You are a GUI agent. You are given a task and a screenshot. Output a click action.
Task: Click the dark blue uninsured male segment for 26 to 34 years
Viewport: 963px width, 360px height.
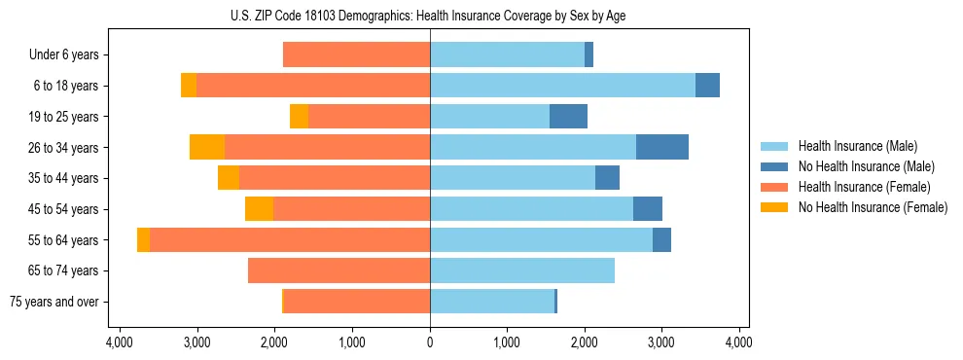661,147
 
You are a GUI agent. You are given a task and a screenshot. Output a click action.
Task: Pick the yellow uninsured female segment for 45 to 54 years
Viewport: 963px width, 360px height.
259,209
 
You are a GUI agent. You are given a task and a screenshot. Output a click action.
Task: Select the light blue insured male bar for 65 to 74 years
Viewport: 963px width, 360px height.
521,270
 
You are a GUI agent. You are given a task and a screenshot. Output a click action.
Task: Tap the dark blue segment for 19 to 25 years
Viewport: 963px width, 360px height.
568,117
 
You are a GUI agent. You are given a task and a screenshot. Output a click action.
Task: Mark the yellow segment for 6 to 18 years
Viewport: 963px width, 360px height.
189,86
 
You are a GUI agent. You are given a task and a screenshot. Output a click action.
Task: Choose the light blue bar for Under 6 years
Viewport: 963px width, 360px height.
507,55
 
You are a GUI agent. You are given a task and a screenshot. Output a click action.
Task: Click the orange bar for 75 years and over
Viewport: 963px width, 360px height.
357,302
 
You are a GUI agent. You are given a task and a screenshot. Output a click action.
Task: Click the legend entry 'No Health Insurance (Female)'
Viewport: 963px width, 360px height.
873,207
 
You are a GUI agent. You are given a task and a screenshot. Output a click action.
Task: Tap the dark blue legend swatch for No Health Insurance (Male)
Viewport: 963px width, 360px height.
774,166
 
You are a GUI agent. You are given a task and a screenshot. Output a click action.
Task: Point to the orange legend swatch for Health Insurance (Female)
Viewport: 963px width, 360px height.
774,187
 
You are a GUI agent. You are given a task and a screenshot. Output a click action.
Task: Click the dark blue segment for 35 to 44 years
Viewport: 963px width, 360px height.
607,178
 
